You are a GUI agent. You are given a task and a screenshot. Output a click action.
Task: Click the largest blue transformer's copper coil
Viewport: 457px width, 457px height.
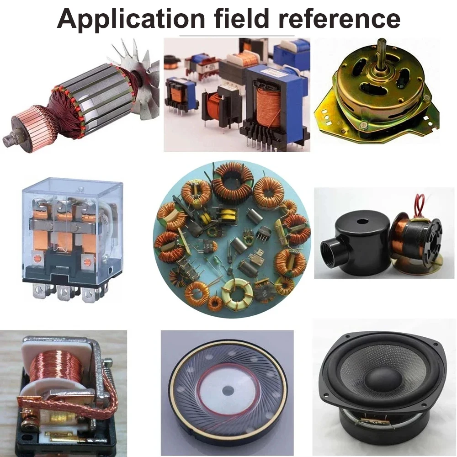coord(269,108)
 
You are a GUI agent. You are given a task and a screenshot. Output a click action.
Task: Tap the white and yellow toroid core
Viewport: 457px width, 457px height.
coord(237,292)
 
